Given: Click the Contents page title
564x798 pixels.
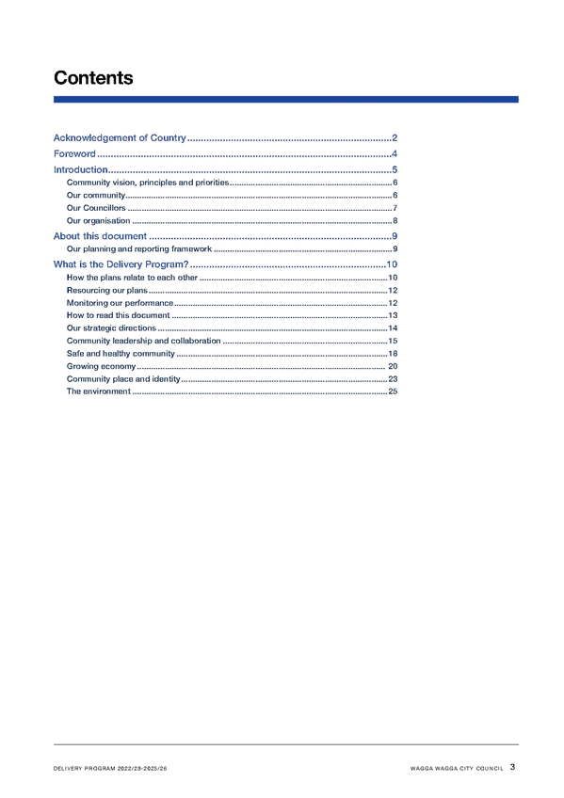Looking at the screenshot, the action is coord(93,78).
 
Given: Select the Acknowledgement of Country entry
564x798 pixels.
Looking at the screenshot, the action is coord(120,138).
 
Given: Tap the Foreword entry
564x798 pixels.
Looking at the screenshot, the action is coord(74,153).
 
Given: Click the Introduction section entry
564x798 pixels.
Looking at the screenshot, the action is coord(80,169).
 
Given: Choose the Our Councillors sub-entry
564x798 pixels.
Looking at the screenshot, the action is coord(96,208).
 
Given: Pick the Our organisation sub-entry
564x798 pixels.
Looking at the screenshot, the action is coord(98,221).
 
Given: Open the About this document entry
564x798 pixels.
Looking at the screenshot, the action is coord(100,236).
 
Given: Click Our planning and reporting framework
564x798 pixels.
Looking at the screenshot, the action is coord(139,248).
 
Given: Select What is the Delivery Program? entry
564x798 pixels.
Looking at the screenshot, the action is coord(121,264).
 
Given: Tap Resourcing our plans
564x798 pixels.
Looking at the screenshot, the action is coord(107,290).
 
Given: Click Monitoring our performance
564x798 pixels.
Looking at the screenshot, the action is coord(120,303).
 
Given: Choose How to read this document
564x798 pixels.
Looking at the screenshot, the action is coord(118,315).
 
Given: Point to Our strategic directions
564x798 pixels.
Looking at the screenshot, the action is coord(111,328).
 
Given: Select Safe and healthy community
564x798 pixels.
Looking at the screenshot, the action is coord(121,353).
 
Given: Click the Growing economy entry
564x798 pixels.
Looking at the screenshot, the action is coord(101,366).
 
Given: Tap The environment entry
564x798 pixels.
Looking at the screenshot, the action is coord(98,391).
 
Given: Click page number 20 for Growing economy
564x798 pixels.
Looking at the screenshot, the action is coord(393,366).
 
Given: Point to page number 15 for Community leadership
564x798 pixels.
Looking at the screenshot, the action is coord(393,341).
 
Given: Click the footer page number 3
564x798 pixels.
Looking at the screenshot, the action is coord(512,767).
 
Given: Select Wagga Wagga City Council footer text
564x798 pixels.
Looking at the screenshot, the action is coord(457,769).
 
